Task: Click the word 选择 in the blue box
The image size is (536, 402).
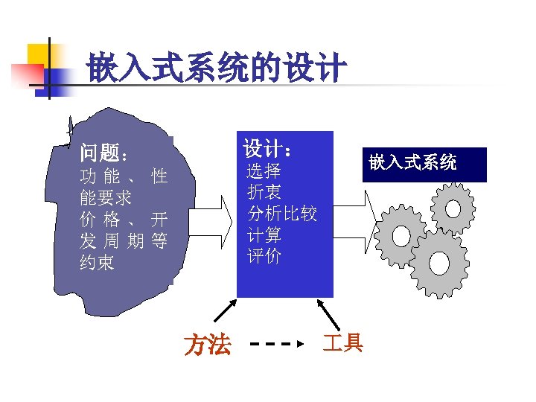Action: [x=264, y=172]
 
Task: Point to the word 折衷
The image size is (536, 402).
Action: [x=264, y=193]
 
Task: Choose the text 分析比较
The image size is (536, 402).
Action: [x=282, y=214]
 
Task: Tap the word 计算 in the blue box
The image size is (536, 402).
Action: [x=264, y=235]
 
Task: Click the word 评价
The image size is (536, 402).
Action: [x=264, y=256]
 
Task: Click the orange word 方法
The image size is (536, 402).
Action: [x=208, y=345]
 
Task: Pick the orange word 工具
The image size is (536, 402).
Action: [x=342, y=342]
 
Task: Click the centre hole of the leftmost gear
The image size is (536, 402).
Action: [x=401, y=235]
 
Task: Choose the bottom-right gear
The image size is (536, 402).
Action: [x=438, y=264]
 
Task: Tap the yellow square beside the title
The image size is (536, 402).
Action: [x=40, y=55]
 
